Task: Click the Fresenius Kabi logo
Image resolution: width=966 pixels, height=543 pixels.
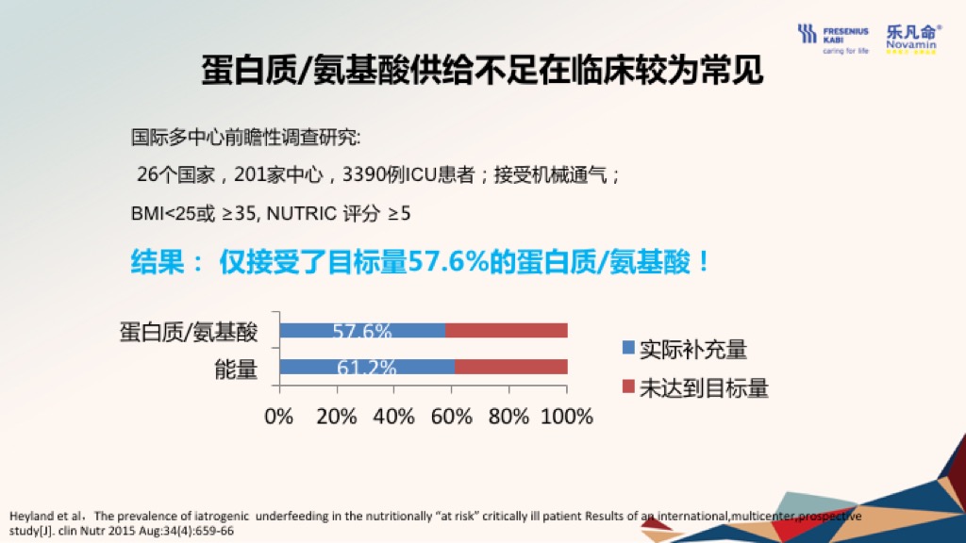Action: coord(833,39)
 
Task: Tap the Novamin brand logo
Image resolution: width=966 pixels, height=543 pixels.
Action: coord(913,39)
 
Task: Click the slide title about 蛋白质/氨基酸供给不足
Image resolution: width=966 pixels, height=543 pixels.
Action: coord(482,70)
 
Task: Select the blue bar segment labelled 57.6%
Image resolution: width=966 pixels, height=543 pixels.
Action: coord(362,331)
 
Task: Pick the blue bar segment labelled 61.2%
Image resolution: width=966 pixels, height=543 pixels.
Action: coord(367,367)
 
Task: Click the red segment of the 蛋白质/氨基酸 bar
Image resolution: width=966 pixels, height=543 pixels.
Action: coord(507,331)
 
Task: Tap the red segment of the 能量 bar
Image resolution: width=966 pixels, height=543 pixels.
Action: coord(511,367)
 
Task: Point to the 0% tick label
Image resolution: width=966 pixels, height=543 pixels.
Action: coord(279,417)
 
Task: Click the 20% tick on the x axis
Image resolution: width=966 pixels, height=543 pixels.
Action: coord(337,417)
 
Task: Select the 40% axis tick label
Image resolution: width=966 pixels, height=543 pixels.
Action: coord(393,417)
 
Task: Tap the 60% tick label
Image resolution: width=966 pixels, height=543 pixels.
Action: coord(452,417)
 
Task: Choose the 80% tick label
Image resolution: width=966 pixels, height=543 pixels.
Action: coord(508,417)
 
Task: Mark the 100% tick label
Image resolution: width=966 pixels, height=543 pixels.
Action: coord(567,417)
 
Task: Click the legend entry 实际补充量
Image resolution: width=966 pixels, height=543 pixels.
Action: coord(685,349)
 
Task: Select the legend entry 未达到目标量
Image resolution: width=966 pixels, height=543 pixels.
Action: coord(695,387)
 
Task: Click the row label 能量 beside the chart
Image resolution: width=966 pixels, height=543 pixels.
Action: coord(236,370)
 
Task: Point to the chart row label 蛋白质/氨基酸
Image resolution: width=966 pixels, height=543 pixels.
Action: coord(189,333)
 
